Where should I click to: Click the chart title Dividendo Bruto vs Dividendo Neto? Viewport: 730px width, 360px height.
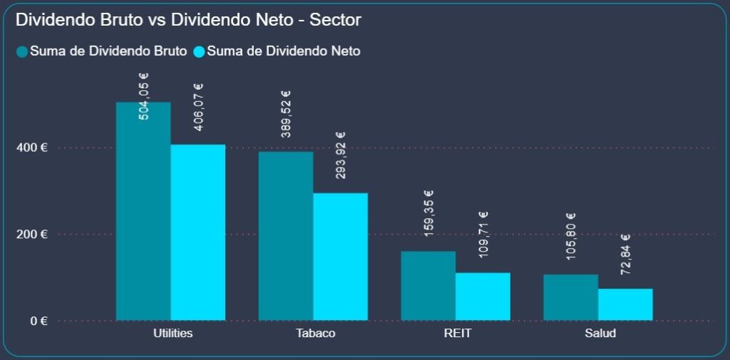click(188, 20)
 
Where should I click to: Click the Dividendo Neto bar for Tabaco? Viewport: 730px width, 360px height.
click(341, 257)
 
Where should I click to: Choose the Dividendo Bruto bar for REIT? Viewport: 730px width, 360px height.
click(428, 286)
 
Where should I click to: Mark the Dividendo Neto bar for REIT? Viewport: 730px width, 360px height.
click(483, 297)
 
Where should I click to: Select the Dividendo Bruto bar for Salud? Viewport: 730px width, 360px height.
click(571, 297)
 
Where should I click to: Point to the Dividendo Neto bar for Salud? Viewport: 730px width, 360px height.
click(625, 304)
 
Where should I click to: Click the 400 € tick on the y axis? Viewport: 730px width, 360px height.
click(34, 148)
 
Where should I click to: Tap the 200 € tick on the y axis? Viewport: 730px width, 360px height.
click(34, 234)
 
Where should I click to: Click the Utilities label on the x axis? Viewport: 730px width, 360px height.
click(173, 334)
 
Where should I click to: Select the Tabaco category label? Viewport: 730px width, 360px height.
click(314, 334)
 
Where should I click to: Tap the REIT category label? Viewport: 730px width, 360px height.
click(456, 334)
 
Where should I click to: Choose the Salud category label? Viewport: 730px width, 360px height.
click(599, 334)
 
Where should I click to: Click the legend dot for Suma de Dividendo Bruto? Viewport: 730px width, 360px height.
click(22, 51)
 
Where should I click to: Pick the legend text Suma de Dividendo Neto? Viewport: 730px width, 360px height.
click(284, 51)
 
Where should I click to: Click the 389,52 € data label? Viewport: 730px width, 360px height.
click(286, 113)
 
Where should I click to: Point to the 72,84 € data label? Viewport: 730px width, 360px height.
click(625, 254)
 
